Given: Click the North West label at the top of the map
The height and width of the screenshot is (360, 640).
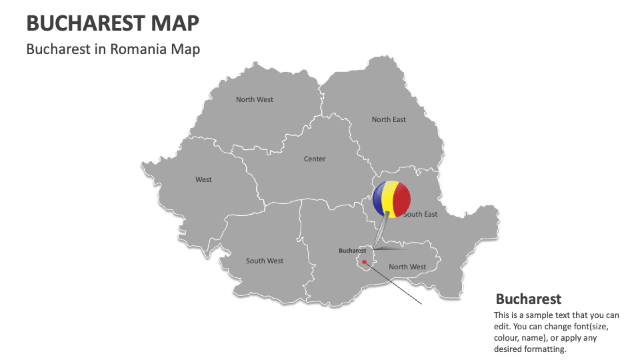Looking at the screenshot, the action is click(x=255, y=100).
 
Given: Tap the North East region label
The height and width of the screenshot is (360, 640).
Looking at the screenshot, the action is click(x=389, y=120).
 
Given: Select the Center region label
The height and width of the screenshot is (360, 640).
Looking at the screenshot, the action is click(x=315, y=159).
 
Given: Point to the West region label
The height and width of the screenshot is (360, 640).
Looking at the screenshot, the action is click(x=203, y=180).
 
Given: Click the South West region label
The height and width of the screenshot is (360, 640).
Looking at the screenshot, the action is click(x=265, y=261).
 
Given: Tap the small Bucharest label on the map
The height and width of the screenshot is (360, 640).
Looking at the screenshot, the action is click(x=353, y=251).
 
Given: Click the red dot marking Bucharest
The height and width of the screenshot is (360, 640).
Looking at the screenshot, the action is click(x=364, y=262).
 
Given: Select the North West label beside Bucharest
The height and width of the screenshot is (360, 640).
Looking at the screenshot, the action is click(x=407, y=267).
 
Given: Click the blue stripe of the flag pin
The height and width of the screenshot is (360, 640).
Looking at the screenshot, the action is click(x=378, y=199).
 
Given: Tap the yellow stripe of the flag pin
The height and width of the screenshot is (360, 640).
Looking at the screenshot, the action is click(x=389, y=199).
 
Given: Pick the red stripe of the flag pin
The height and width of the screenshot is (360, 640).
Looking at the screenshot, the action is click(x=402, y=199).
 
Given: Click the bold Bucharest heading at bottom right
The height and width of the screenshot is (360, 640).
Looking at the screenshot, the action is click(x=529, y=299).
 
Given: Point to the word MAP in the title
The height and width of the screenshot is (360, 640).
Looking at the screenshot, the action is click(x=175, y=23).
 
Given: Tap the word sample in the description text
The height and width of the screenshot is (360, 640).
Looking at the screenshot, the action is click(x=543, y=315).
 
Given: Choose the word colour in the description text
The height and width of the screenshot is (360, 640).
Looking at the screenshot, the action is click(x=508, y=338).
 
